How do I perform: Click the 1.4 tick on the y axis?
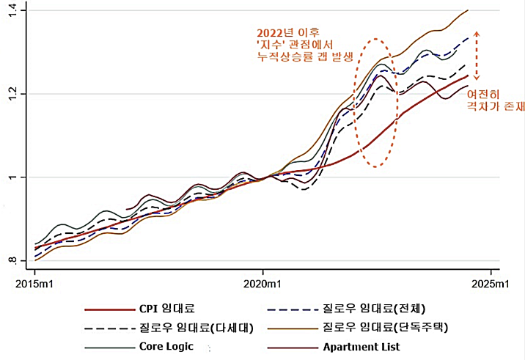point(17,10)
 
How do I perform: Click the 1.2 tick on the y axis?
point(17,94)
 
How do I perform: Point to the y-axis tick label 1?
point(20,177)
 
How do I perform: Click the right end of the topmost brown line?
point(468,10)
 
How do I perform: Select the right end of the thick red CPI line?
point(468,76)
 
